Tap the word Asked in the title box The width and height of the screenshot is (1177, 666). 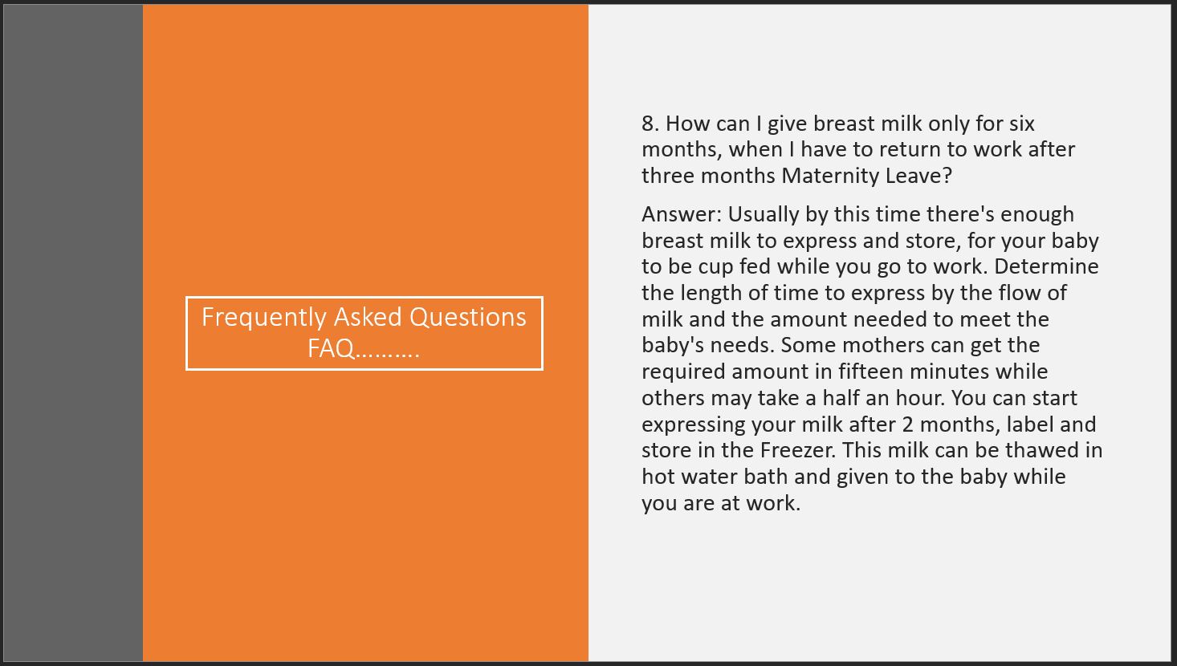[368, 317]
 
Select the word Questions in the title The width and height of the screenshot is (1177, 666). [467, 318]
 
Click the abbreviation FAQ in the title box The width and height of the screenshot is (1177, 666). [331, 348]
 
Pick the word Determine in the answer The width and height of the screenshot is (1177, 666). [1046, 267]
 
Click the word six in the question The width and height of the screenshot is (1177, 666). [1021, 124]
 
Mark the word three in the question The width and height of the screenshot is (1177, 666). [668, 176]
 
